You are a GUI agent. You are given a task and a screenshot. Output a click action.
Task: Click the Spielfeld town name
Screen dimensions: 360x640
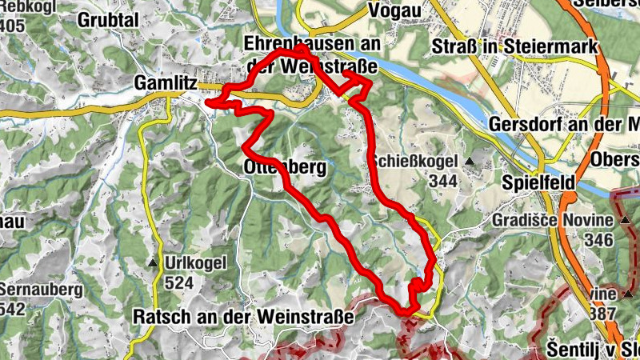[539, 182]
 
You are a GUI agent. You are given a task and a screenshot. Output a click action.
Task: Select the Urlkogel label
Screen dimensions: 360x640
[196, 262]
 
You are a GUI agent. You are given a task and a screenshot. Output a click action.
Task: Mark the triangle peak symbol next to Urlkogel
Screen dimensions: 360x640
[152, 262]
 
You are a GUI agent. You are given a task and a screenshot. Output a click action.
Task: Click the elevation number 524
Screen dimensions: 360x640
[179, 282]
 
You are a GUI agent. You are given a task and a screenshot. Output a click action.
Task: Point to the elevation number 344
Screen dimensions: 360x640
[442, 181]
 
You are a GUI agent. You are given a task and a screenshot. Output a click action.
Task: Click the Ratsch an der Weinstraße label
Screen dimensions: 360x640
[243, 317]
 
